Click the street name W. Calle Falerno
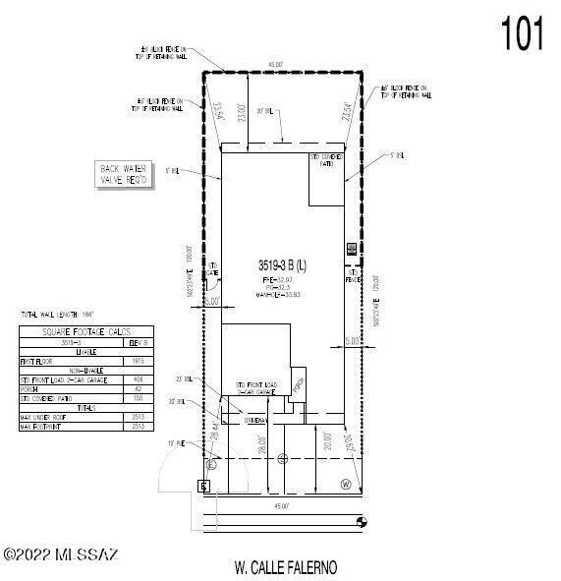(x=286, y=567)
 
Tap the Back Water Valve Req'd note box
(x=124, y=175)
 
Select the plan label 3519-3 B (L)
(x=283, y=265)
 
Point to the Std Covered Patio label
(x=326, y=158)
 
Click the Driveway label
(x=257, y=420)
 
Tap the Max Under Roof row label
(x=44, y=417)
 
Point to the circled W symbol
(x=345, y=484)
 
